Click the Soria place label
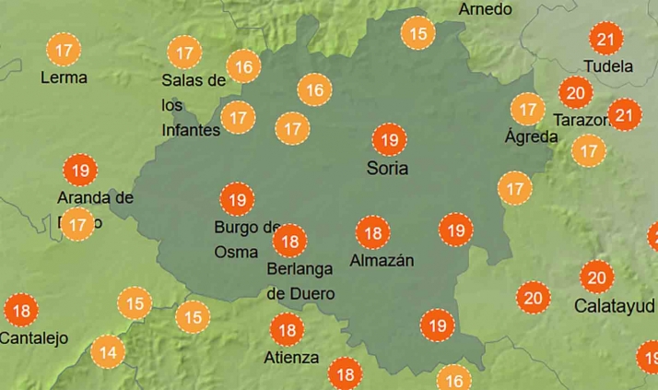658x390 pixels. pos(387,169)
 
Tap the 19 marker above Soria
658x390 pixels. pos(389,140)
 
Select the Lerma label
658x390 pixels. pos(64,77)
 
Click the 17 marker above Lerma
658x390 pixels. pos(65,49)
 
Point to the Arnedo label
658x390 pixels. pos(485,9)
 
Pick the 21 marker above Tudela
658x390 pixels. pos(606,39)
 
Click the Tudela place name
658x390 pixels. pos(608,66)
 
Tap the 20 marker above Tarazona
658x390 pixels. pos(576,92)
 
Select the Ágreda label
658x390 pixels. pos(531,136)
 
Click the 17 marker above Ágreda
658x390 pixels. pos(527,110)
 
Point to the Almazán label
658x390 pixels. pos(382,260)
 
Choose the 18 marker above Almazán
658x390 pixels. pos(373,232)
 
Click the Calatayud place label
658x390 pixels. pos(615,304)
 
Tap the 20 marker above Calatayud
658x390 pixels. pos(596,277)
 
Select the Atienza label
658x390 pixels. pos(292,357)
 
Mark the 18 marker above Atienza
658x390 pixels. pos(288,329)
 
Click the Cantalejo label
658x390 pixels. pos(33,338)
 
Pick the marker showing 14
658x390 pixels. pos(108,351)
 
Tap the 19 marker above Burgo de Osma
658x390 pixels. pos(237,198)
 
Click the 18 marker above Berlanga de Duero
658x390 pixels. pos(290,242)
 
